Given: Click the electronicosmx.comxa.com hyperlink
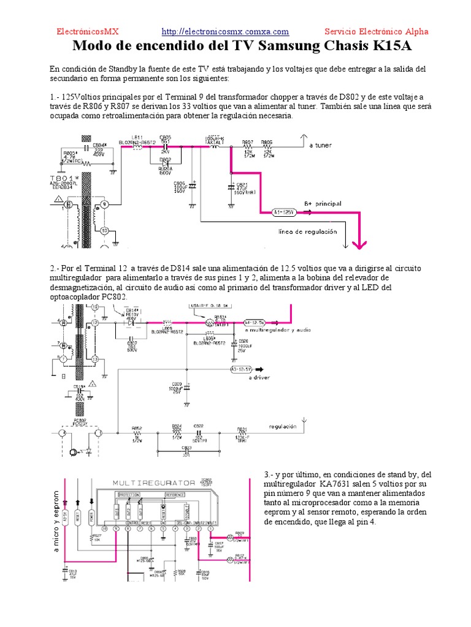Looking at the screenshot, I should click(x=225, y=32).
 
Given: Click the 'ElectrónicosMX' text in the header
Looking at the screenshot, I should click(x=88, y=32).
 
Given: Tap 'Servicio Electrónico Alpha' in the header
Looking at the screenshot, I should click(x=376, y=32).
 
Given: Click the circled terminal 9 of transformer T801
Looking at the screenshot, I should click(x=104, y=204).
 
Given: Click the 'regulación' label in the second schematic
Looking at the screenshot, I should click(x=283, y=426).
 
